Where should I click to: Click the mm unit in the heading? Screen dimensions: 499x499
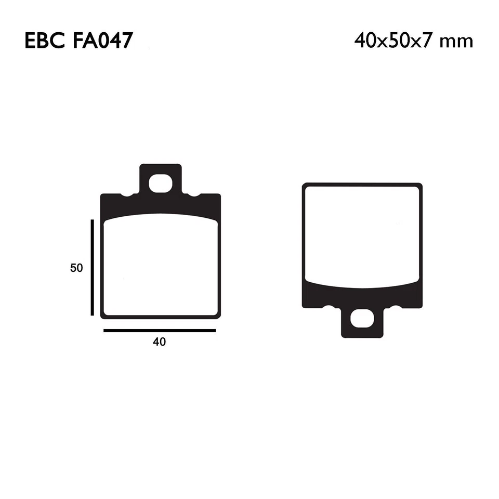click(456, 42)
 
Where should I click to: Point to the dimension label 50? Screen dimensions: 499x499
click(76, 268)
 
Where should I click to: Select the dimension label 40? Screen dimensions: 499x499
click(159, 342)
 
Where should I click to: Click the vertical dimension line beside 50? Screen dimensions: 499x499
click(92, 267)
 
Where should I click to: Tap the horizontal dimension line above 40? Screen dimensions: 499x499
click(159, 330)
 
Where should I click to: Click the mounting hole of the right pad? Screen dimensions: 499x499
click(362, 319)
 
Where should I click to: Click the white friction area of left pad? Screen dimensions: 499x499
click(160, 265)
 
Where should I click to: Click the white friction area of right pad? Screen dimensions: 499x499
click(362, 234)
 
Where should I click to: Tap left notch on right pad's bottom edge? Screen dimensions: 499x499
click(327, 307)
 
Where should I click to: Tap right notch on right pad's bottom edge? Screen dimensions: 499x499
click(396, 307)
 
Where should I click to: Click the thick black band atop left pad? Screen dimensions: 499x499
click(160, 205)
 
